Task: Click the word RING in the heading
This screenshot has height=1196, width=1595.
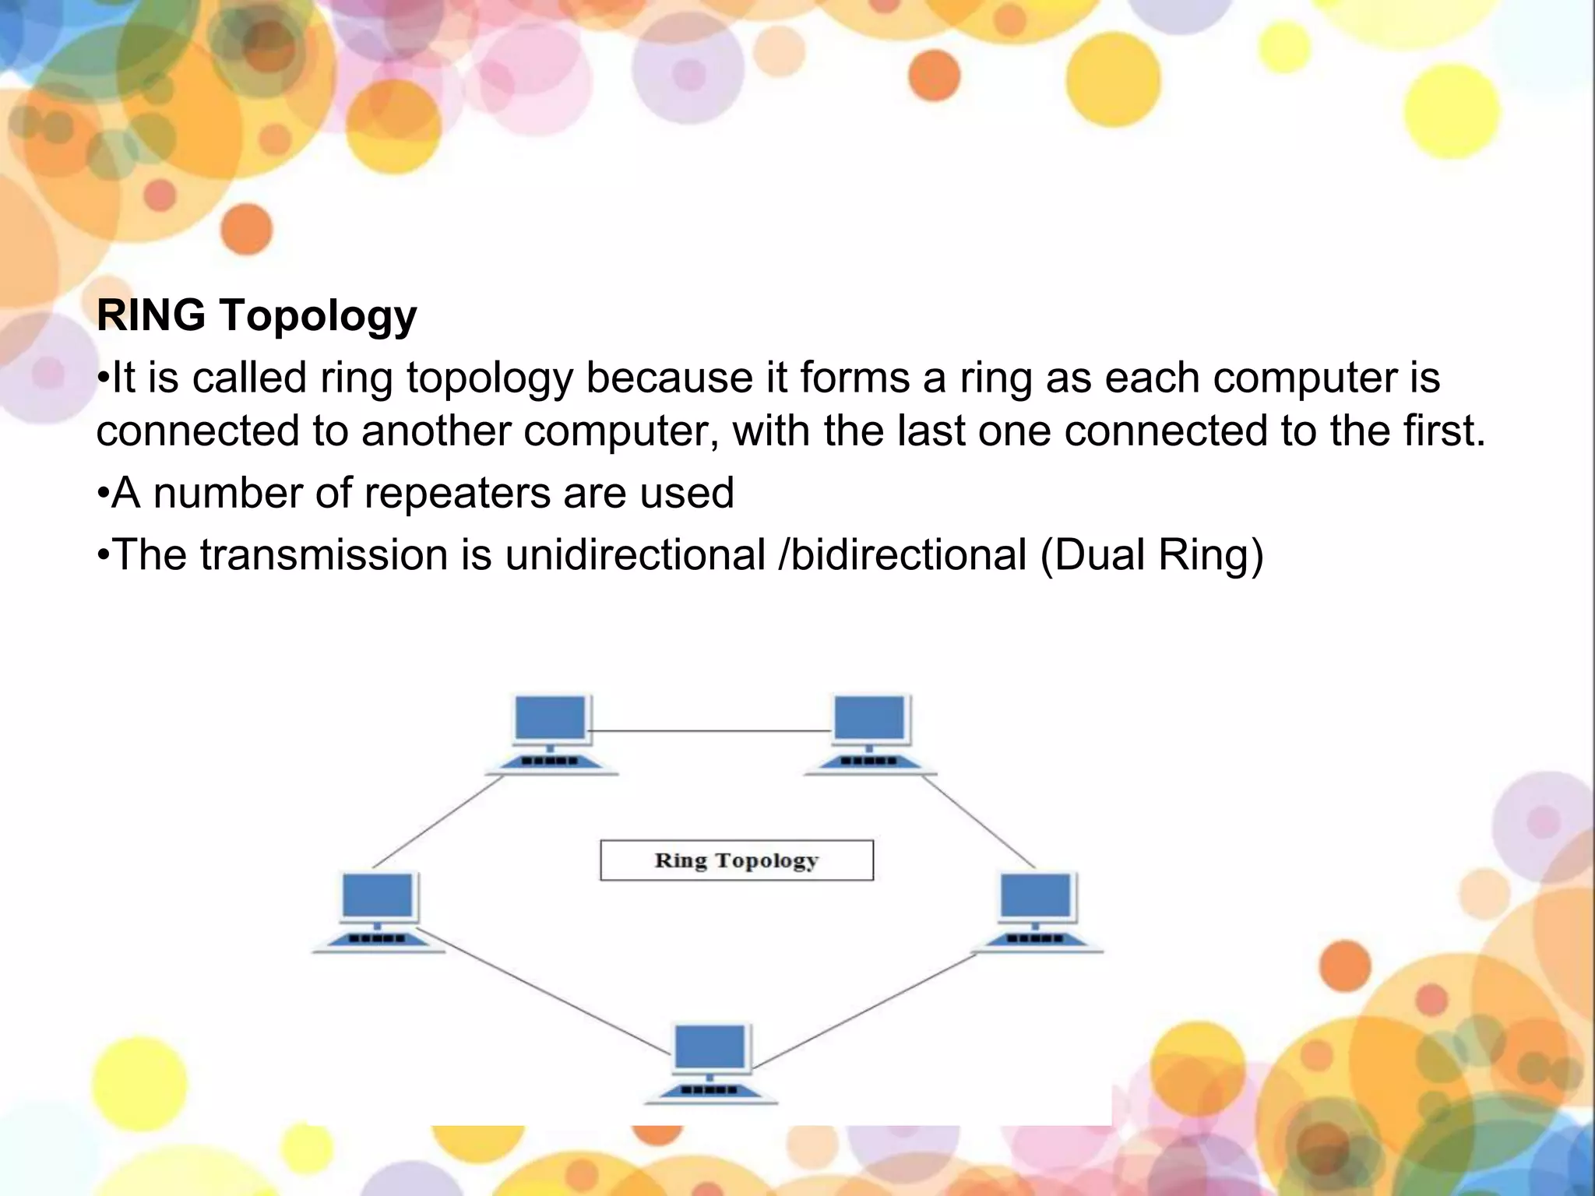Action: [x=150, y=315]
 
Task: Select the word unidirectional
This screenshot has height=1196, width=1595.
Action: [x=635, y=555]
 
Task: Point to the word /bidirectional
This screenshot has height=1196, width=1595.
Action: [x=902, y=555]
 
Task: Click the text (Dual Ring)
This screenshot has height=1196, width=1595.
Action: [x=1151, y=556]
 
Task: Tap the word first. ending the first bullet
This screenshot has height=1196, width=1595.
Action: [x=1446, y=431]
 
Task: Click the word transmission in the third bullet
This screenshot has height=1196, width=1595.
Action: [x=323, y=555]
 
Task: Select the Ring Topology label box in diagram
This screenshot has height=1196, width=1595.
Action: [x=736, y=860]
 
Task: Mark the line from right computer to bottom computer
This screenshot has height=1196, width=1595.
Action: [x=864, y=1011]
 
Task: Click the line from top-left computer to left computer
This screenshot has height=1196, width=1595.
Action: [x=438, y=821]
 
